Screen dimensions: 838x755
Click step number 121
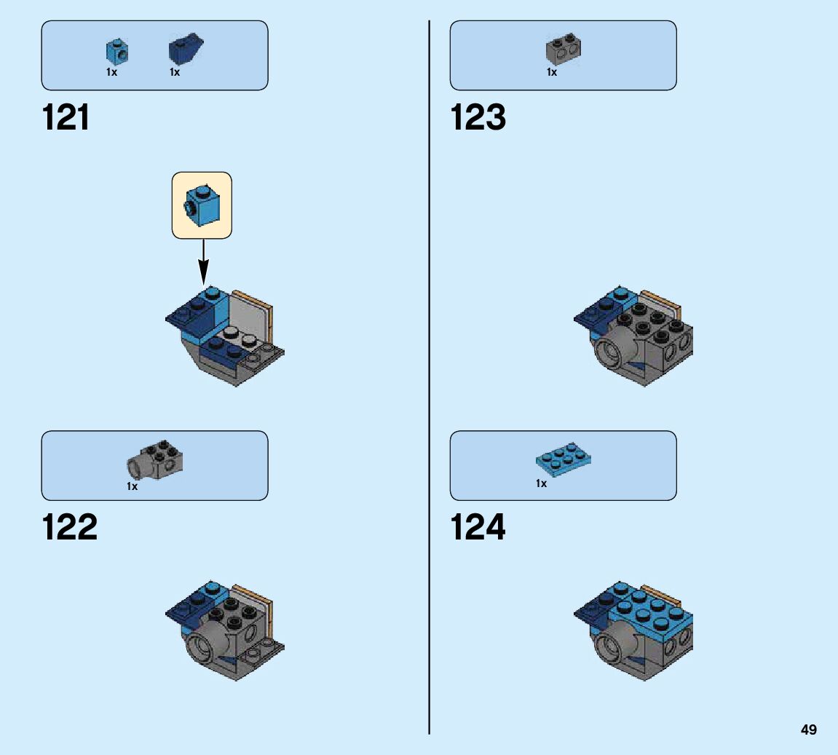point(66,117)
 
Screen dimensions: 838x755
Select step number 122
point(70,527)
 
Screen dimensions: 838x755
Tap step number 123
point(478,117)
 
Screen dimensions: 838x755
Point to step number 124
point(478,527)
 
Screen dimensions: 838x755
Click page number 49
point(808,730)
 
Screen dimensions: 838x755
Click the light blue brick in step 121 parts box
point(116,51)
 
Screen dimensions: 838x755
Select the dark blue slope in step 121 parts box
point(185,50)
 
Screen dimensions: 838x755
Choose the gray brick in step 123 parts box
point(563,49)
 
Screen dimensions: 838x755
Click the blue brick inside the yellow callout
point(202,205)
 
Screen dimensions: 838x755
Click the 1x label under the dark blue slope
point(175,72)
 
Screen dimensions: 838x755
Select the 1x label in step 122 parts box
point(132,486)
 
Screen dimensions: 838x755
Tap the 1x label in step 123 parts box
point(552,72)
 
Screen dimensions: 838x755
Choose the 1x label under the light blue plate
point(541,483)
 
